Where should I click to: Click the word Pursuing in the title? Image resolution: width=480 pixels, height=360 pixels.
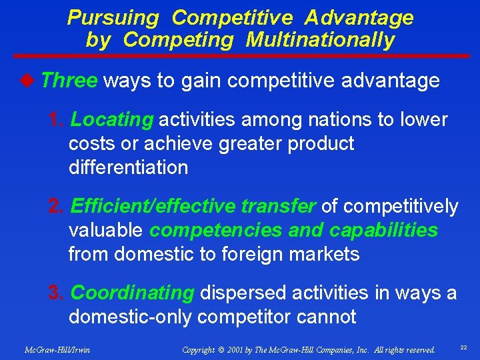tap(113, 18)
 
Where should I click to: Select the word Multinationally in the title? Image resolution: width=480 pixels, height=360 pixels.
tap(321, 40)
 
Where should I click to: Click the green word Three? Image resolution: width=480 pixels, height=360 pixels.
tap(69, 81)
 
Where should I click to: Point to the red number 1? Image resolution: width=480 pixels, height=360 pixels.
tap(57, 120)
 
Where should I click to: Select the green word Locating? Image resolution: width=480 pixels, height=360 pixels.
tap(112, 120)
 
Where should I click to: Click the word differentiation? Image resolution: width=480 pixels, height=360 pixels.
tap(128, 167)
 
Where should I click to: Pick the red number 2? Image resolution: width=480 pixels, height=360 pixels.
tap(57, 207)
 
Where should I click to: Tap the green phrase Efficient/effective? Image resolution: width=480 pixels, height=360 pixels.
tap(153, 207)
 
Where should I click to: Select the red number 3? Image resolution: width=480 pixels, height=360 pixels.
tap(57, 293)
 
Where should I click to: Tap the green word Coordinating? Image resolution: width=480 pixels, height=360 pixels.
tap(132, 293)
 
